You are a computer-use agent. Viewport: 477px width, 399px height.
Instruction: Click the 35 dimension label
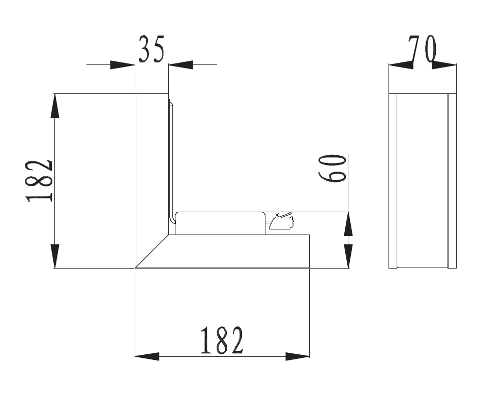click(151, 49)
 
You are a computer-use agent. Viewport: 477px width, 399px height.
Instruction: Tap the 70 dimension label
click(422, 49)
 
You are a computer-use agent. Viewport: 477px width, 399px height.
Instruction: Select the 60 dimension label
click(332, 168)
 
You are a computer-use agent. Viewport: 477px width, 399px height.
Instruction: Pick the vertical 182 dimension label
click(39, 181)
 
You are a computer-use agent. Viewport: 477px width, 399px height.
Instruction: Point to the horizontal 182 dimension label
click(222, 341)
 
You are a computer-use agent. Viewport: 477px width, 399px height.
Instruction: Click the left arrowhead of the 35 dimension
click(123, 64)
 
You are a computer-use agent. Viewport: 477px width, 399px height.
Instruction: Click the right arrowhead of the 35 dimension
click(181, 64)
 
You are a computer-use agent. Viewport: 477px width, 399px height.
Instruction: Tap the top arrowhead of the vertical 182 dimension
click(55, 106)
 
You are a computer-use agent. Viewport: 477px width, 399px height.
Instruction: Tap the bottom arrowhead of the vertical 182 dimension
click(55, 256)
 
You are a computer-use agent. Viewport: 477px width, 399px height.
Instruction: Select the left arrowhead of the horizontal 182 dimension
click(147, 356)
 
